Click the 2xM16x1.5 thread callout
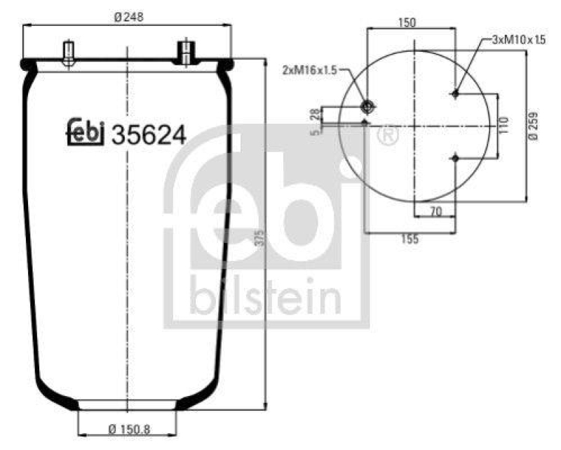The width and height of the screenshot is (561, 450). pyautogui.click(x=309, y=70)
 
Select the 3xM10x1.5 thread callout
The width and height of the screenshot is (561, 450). pyautogui.click(x=518, y=40)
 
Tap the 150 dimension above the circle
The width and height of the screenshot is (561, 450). pyautogui.click(x=407, y=22)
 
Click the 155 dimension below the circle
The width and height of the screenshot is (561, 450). pyautogui.click(x=410, y=239)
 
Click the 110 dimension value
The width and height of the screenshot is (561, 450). pyautogui.click(x=503, y=126)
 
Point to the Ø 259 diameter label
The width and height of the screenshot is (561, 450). pyautogui.click(x=535, y=126)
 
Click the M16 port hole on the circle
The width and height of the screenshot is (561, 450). pyautogui.click(x=367, y=107)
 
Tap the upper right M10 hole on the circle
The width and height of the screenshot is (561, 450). pyautogui.click(x=456, y=93)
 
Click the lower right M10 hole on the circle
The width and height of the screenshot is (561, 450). pyautogui.click(x=456, y=159)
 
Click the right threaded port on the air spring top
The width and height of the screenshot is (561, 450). pyautogui.click(x=185, y=53)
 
